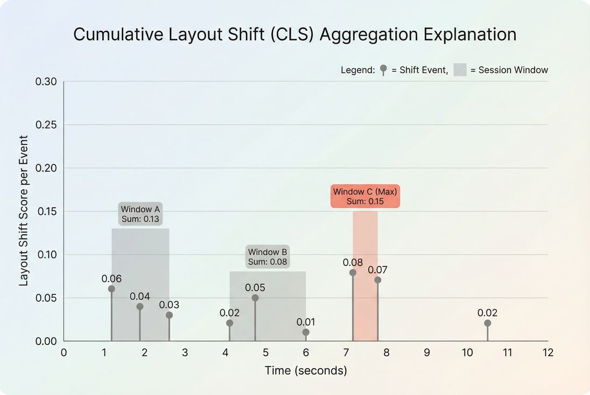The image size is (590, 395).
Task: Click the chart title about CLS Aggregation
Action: [x=294, y=34]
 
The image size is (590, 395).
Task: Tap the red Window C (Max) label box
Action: [x=366, y=197]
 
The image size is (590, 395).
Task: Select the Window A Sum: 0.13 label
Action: [x=141, y=214]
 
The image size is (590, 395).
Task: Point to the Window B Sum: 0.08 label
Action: [x=268, y=257]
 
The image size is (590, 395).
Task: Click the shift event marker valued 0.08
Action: [x=353, y=272]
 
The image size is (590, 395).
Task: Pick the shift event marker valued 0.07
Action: [x=377, y=280]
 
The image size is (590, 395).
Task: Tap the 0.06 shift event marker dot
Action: [x=111, y=289]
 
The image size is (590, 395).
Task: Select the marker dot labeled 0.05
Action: [x=255, y=298]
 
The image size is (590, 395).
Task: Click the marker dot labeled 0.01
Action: [x=306, y=332]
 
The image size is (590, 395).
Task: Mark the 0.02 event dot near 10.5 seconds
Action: [x=487, y=323]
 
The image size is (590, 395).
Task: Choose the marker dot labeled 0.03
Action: [x=169, y=315]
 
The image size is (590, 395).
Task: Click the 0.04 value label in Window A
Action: [x=140, y=296]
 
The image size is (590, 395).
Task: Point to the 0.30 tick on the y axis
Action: [x=46, y=82]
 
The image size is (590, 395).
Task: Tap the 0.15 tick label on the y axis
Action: [x=46, y=211]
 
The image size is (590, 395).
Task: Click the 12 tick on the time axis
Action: [x=547, y=353]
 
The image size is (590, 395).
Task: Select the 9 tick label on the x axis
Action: [x=427, y=353]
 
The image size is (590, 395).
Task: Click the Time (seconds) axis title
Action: [x=306, y=371]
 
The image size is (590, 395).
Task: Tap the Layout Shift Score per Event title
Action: [x=24, y=211]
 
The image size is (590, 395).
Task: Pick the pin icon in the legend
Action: [x=383, y=69]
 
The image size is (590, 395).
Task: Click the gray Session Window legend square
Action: [x=460, y=70]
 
